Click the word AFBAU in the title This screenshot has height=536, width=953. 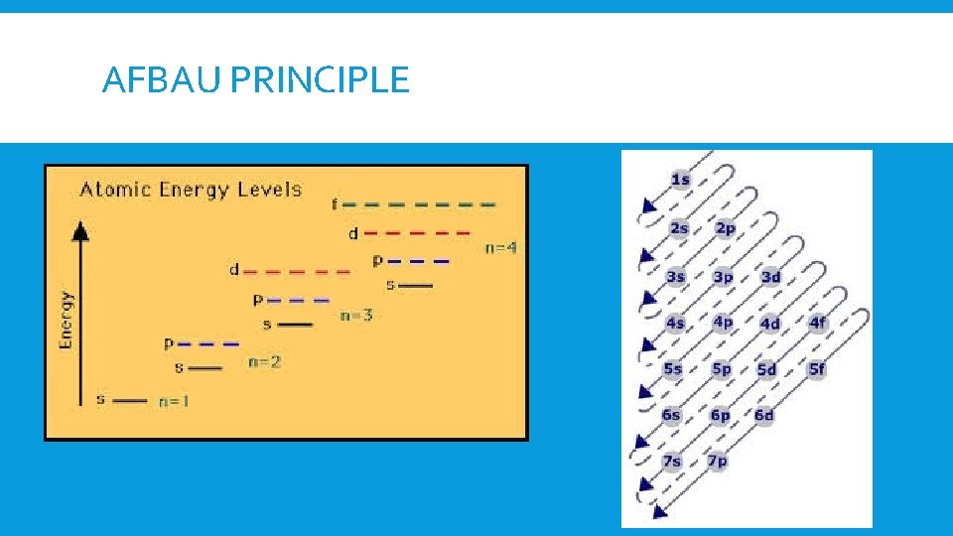pos(162,79)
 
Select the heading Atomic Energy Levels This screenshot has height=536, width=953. pos(191,189)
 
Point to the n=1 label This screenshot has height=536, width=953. pos(175,402)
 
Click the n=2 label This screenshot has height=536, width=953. pos(264,362)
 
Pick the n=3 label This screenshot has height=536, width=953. pos(356,316)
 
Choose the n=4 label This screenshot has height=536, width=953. pos(500,248)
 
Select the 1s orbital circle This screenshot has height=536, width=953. pos(681,180)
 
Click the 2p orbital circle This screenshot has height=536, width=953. pos(726,228)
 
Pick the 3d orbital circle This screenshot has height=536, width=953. pos(770,277)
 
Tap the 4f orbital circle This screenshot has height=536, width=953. pos(817,323)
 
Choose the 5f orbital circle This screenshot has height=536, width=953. pos(817,369)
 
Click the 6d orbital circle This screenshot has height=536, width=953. pos(763,415)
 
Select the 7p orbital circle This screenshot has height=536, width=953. pos(718,461)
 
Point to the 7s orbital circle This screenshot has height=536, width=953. pos(672,461)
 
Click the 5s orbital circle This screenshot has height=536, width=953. pos(673,369)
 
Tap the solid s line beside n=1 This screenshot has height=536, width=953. pos(130,401)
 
